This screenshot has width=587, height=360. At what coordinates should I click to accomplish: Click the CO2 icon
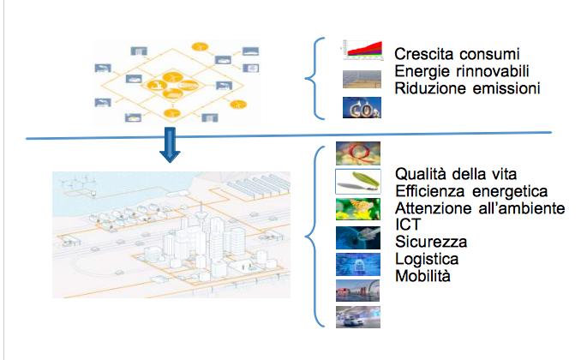pyautogui.click(x=360, y=107)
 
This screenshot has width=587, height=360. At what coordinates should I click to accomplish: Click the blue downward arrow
pyautogui.click(x=171, y=146)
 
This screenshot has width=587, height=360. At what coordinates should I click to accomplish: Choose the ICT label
pyautogui.click(x=407, y=225)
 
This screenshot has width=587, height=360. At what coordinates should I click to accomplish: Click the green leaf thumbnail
pyautogui.click(x=357, y=181)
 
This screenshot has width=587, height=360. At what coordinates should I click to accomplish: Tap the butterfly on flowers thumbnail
pyautogui.click(x=357, y=208)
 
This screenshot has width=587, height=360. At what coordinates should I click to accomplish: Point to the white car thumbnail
pyautogui.click(x=357, y=317)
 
